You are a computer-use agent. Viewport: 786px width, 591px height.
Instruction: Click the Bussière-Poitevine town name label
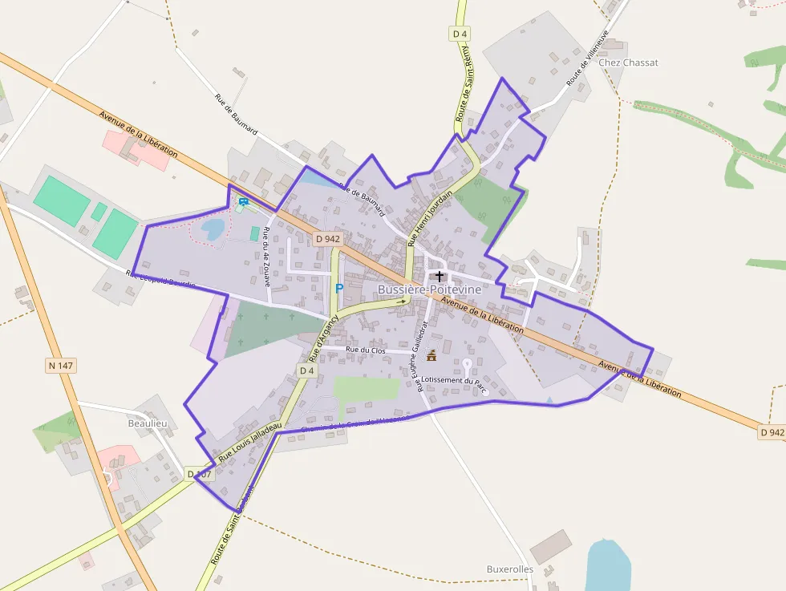tap(430, 289)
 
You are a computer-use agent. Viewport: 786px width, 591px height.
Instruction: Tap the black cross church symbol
tap(439, 276)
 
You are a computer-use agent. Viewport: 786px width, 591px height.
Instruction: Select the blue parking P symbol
tap(338, 287)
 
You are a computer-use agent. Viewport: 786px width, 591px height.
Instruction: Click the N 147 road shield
tap(60, 366)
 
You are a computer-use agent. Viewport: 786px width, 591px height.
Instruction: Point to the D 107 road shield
tap(200, 474)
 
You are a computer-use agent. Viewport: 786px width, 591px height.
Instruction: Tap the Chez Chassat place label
tap(628, 63)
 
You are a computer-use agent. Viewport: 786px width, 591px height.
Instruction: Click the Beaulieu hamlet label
tap(148, 423)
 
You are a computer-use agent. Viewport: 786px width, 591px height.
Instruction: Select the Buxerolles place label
tap(509, 569)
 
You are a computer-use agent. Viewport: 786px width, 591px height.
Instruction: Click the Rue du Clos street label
tap(366, 350)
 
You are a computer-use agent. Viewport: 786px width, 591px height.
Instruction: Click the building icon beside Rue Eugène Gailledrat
tap(431, 355)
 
